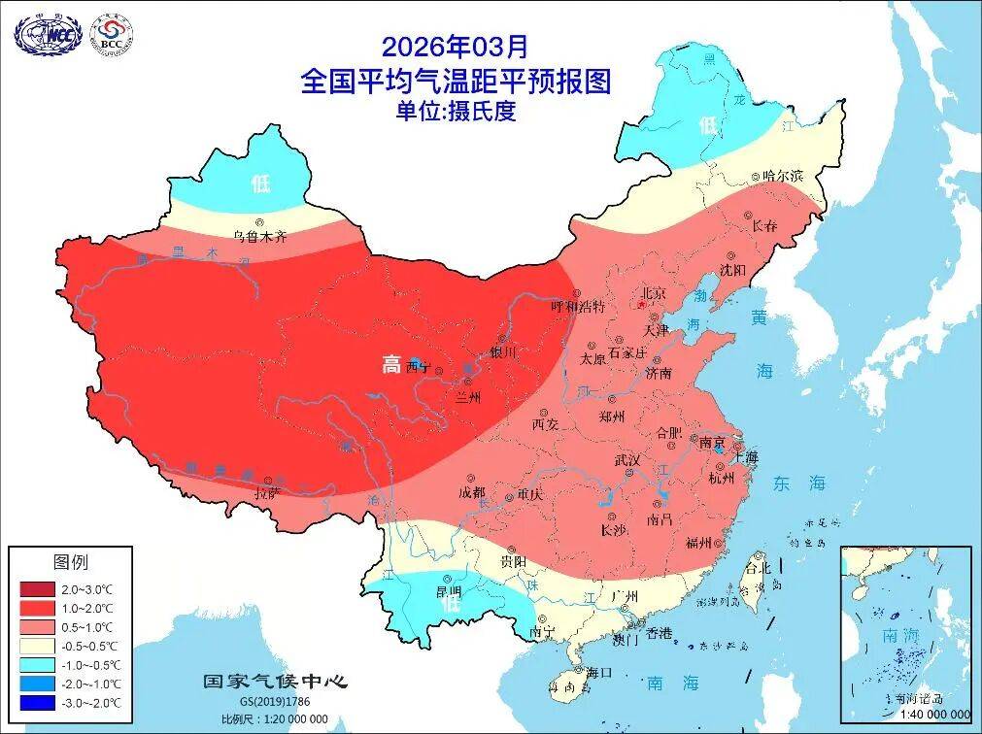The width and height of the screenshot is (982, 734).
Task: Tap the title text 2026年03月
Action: (x=457, y=46)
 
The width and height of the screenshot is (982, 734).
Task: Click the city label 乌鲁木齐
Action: (x=259, y=236)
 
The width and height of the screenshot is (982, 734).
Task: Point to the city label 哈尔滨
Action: (x=782, y=176)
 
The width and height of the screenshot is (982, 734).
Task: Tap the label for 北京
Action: (x=652, y=292)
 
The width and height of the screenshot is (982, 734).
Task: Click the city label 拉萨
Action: (x=267, y=493)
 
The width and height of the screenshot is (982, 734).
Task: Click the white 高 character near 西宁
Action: (x=390, y=365)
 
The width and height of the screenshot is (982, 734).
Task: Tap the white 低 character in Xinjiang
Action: (x=260, y=182)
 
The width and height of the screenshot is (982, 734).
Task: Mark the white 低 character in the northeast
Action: (x=707, y=125)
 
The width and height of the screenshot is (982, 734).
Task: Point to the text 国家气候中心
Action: (x=274, y=681)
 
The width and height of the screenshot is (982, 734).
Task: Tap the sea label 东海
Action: (x=798, y=483)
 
